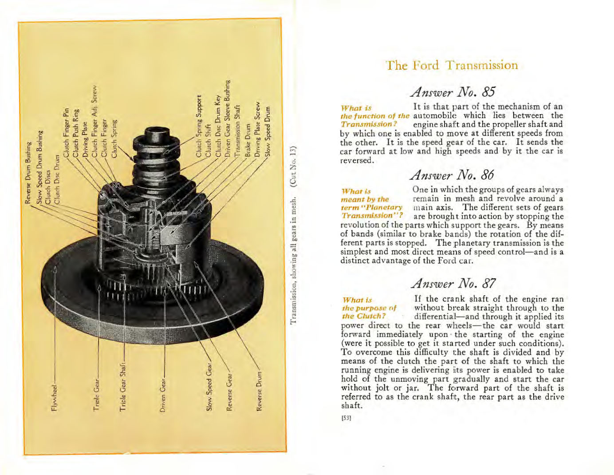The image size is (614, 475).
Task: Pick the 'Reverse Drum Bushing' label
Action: click(x=28, y=173)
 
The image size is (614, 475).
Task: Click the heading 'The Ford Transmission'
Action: click(x=452, y=65)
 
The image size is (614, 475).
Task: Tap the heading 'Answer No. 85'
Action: click(x=452, y=92)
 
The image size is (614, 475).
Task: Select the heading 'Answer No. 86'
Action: click(x=452, y=175)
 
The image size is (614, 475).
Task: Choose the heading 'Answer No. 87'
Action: click(x=452, y=283)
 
